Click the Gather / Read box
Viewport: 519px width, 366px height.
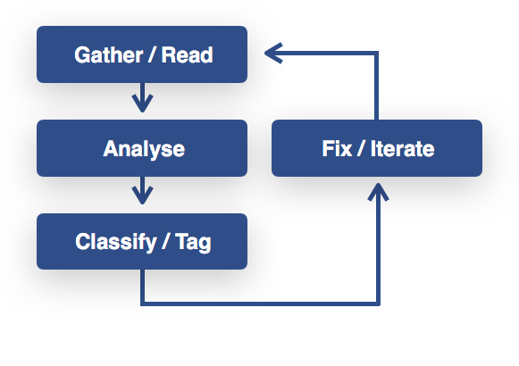(142, 54)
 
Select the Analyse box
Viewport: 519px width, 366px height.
(142, 148)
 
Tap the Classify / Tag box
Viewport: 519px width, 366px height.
(142, 241)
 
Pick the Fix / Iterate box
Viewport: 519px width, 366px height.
(377, 148)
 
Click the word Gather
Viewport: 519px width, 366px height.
(109, 54)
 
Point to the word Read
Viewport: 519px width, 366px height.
(187, 54)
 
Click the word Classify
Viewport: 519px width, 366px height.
(116, 243)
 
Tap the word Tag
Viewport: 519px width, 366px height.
(193, 243)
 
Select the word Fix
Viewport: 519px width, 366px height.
(337, 148)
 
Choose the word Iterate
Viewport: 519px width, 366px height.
(402, 148)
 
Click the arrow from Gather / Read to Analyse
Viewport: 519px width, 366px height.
(142, 97)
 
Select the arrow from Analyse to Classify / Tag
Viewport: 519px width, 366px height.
(142, 190)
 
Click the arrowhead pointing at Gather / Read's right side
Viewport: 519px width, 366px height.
(273, 53)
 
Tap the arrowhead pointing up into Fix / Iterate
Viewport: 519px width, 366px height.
(378, 192)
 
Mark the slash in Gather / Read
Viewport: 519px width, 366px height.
(152, 54)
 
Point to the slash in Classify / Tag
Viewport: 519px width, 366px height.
(165, 242)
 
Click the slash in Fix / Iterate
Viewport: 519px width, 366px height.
(361, 148)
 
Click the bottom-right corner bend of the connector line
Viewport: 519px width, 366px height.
(378, 304)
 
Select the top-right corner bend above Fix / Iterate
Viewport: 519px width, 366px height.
(376, 53)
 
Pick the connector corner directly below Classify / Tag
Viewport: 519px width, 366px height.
(143, 304)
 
